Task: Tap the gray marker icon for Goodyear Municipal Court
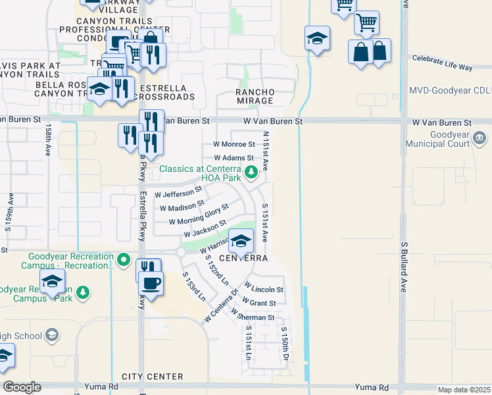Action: [x=480, y=138]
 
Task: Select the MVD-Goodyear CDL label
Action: [x=450, y=90]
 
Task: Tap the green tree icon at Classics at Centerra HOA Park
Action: [x=251, y=172]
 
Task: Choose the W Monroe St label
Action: [x=234, y=144]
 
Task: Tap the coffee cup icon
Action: [x=152, y=283]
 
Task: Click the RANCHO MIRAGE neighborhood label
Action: [x=255, y=96]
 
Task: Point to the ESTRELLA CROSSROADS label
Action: [x=164, y=92]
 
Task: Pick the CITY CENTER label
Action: [x=153, y=376]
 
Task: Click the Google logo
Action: [x=22, y=387]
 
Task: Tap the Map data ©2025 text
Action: [x=464, y=390]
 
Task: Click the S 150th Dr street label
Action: [x=285, y=344]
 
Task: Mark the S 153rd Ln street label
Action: [x=194, y=287]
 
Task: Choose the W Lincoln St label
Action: [x=264, y=288]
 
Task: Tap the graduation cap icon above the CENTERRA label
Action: [x=241, y=241]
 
